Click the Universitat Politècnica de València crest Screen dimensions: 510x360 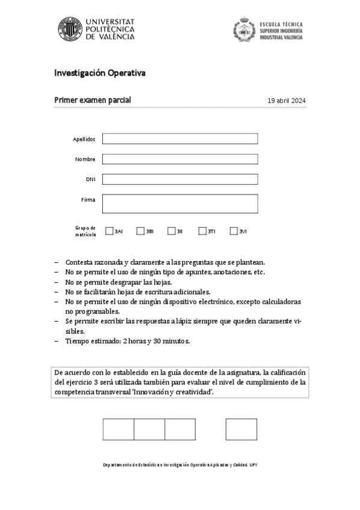[x=70, y=29]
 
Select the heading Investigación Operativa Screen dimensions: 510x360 [x=100, y=73]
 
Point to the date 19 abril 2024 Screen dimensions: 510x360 [x=287, y=100]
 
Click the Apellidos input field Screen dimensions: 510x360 [x=180, y=139]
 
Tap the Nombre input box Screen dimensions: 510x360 [x=180, y=159]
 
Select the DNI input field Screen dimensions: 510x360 [x=180, y=179]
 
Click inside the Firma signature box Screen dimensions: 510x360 [x=180, y=203]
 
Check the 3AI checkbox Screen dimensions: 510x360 [x=109, y=231]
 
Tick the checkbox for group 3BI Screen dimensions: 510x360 [x=140, y=231]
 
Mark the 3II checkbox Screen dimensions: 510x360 [x=171, y=231]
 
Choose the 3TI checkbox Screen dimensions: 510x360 [x=203, y=231]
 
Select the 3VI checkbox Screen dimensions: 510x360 [x=234, y=231]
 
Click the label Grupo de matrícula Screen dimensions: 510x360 [x=85, y=231]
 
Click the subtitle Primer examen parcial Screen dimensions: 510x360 [x=93, y=100]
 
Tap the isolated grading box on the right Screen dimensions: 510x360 [x=241, y=429]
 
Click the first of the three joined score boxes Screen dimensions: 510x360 [x=118, y=429]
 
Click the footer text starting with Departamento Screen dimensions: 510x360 [x=180, y=465]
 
